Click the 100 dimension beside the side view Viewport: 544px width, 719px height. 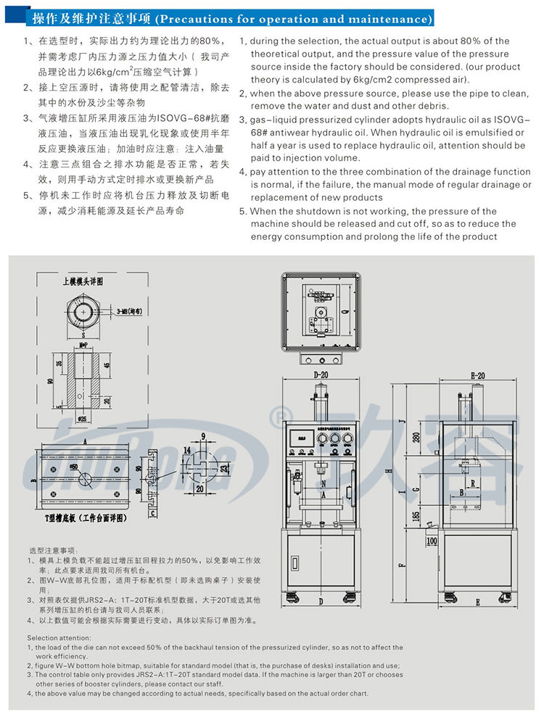tap(432, 541)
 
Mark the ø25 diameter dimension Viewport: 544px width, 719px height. tap(83, 418)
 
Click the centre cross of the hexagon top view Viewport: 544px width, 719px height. tap(85, 312)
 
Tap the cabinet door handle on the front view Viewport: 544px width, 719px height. tap(294, 562)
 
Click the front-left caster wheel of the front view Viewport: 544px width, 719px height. tap(294, 598)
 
